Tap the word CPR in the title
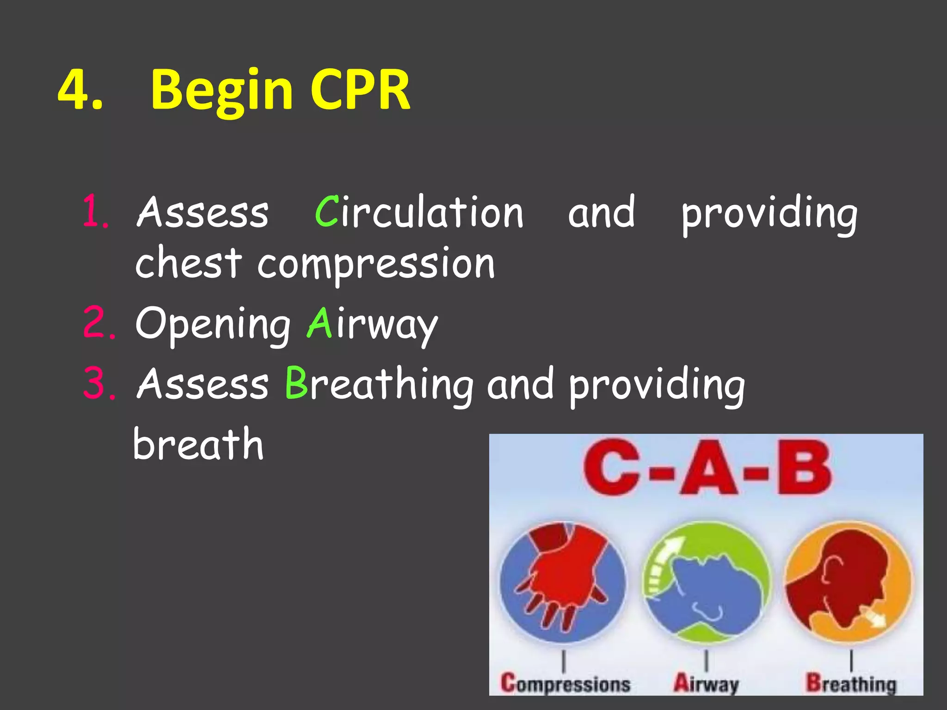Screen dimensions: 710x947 point(360,90)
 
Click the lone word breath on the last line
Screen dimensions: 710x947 point(198,444)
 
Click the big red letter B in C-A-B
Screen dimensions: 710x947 point(804,468)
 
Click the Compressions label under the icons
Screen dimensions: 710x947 point(565,683)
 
